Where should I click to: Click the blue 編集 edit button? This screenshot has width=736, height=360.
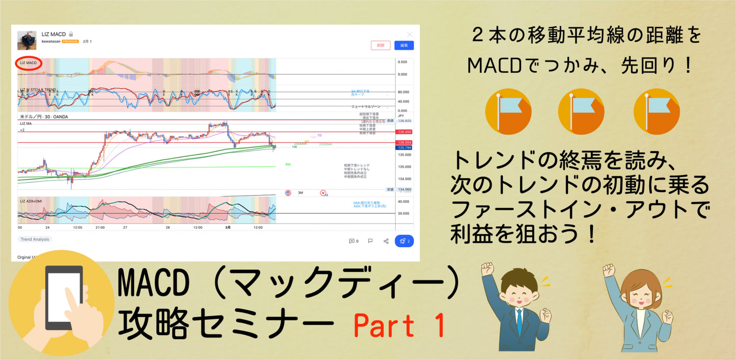(404, 45)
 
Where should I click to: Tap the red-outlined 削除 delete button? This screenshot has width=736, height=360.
(380, 45)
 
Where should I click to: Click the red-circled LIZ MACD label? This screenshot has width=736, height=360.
(29, 63)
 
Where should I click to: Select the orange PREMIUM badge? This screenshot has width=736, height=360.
(70, 41)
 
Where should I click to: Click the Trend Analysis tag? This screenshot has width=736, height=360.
(34, 239)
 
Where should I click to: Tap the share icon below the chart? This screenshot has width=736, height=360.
(386, 241)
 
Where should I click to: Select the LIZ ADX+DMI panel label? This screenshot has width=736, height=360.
(31, 201)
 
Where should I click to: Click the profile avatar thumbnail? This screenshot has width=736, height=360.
(26, 40)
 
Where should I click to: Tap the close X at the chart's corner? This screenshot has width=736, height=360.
(410, 34)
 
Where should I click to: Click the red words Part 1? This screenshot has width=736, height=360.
(399, 326)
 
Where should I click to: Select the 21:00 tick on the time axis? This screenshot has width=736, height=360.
(100, 228)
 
